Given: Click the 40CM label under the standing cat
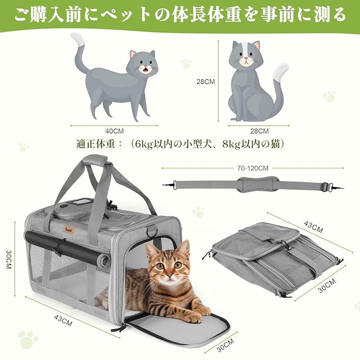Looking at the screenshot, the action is pyautogui.click(x=114, y=131).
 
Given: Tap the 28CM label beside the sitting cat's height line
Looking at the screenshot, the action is pyautogui.click(x=206, y=82).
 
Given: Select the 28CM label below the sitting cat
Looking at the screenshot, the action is pyautogui.click(x=259, y=131).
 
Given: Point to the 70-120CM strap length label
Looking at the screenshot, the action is pyautogui.click(x=252, y=168).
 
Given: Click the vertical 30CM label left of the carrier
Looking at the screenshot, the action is pyautogui.click(x=9, y=259).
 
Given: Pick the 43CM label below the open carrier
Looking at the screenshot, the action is pyautogui.click(x=63, y=320).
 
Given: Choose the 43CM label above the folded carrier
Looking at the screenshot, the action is pyautogui.click(x=313, y=227).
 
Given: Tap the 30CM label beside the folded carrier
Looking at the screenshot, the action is pyautogui.click(x=327, y=285).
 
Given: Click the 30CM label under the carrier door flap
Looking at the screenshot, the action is pyautogui.click(x=225, y=345).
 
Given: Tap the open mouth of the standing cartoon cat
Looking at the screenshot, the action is pyautogui.click(x=145, y=69).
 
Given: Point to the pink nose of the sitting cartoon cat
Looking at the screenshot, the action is pyautogui.click(x=246, y=58).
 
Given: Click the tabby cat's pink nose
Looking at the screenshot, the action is pyautogui.click(x=170, y=274).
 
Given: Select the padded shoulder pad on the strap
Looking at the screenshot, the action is pyautogui.click(x=258, y=184).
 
